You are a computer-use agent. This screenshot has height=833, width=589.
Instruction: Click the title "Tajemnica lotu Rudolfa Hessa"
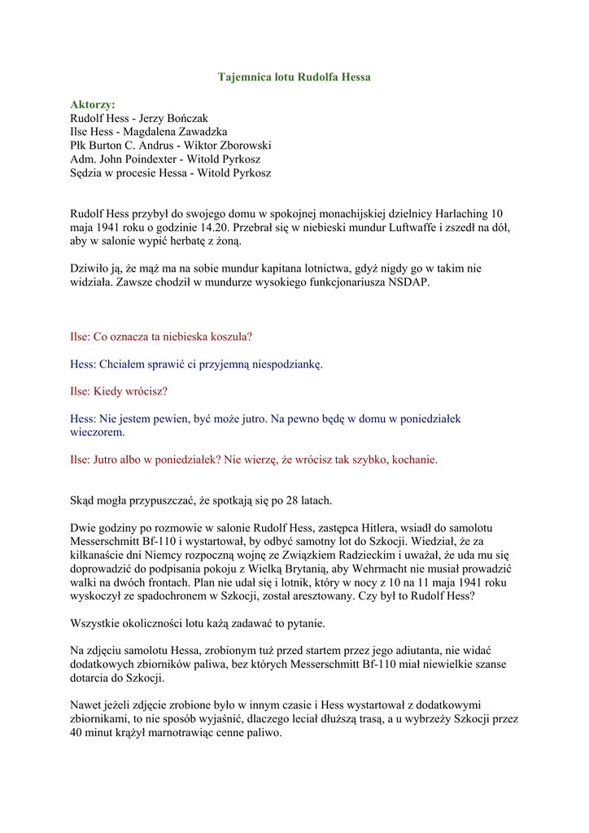[294, 77]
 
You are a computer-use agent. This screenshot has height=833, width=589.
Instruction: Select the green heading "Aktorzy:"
[93, 105]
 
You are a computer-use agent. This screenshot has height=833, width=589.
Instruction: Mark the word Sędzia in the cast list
[86, 173]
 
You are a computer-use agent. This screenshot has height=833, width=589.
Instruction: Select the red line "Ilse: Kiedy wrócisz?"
[119, 391]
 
